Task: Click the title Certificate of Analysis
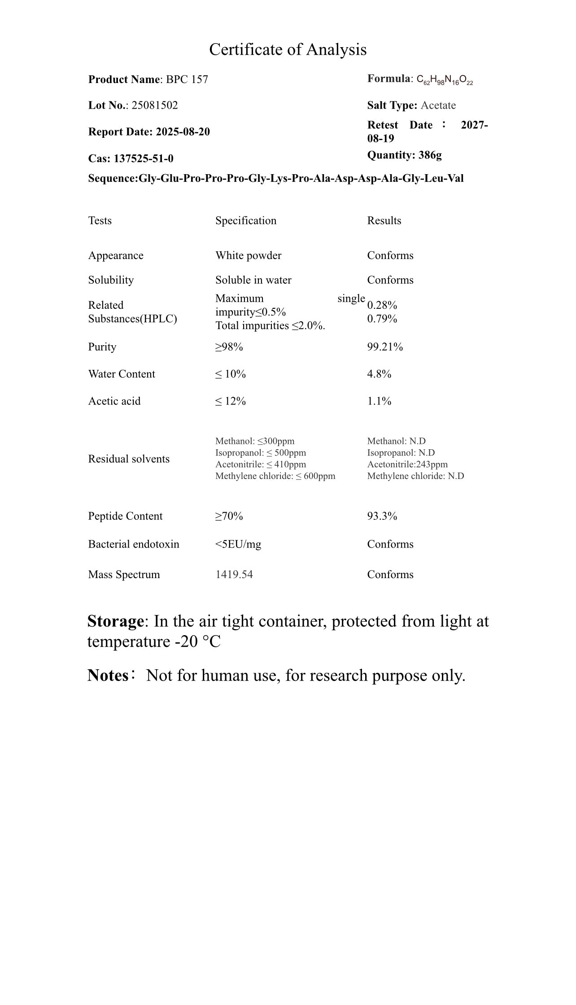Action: point(288,49)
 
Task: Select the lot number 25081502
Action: point(154,105)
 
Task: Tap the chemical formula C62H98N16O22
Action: point(445,80)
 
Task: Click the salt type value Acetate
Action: point(438,105)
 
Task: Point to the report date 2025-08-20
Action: point(183,132)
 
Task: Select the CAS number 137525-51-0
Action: point(144,158)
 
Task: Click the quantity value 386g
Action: point(430,155)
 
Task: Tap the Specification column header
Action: point(246,220)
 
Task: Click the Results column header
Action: point(384,220)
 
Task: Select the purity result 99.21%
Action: point(385,347)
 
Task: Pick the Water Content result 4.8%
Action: point(379,374)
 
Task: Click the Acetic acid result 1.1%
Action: point(379,401)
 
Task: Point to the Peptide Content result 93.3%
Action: point(382,516)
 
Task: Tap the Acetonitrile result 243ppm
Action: point(407,464)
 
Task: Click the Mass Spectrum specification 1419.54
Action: point(234,575)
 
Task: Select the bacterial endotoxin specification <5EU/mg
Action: point(238,544)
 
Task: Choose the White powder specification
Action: point(248,255)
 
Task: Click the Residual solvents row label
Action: point(129,459)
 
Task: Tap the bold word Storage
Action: point(115,621)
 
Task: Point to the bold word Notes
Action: point(108,675)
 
